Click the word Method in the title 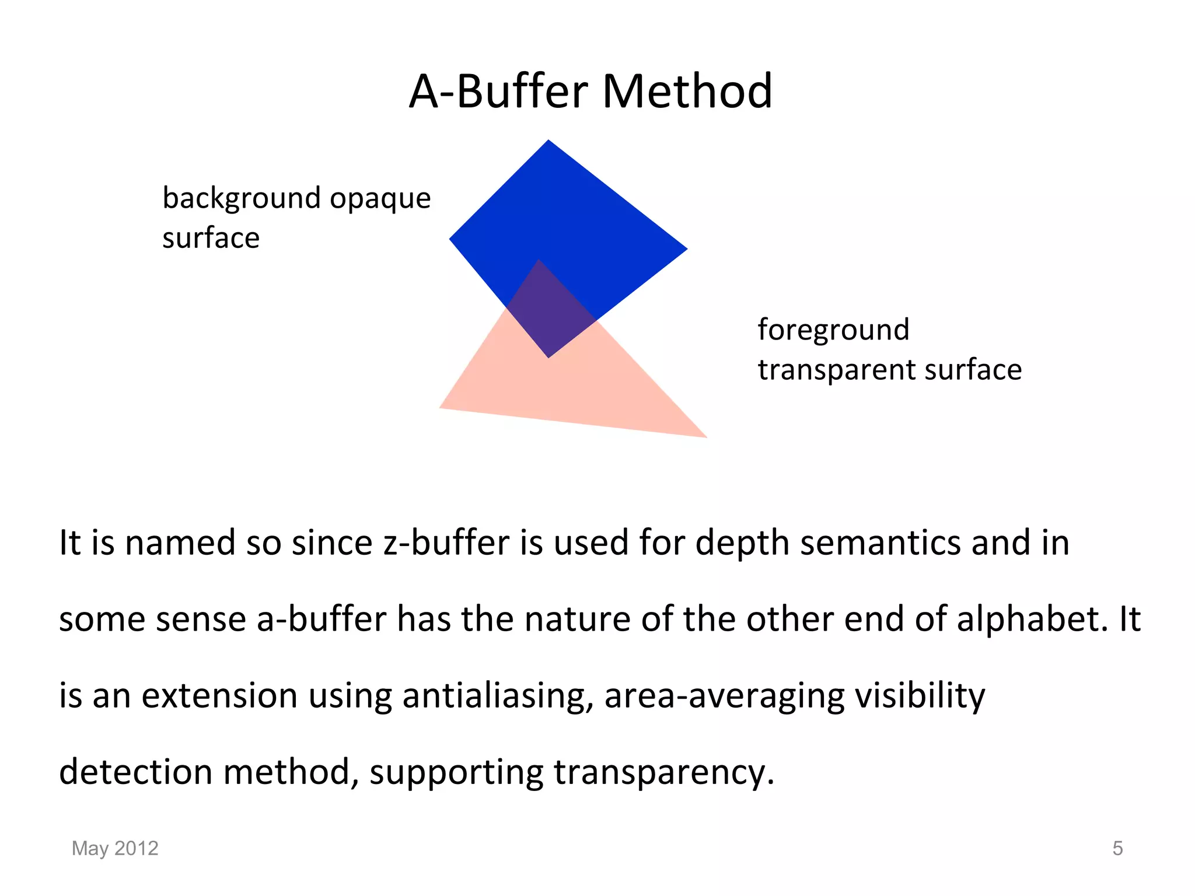coord(687,92)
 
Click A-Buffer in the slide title coord(499,92)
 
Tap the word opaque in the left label coord(380,198)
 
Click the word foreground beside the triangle coord(833,330)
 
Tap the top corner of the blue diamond coord(548,141)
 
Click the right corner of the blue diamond coord(686,249)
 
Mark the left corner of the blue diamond coord(451,239)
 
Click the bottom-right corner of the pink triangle coord(705,436)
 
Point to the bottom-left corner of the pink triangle coord(441,407)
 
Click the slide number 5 coord(1117,848)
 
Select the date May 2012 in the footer coord(115,848)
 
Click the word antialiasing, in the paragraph coord(498,696)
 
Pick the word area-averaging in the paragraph coord(724,696)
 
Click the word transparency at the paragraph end coord(663,772)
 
